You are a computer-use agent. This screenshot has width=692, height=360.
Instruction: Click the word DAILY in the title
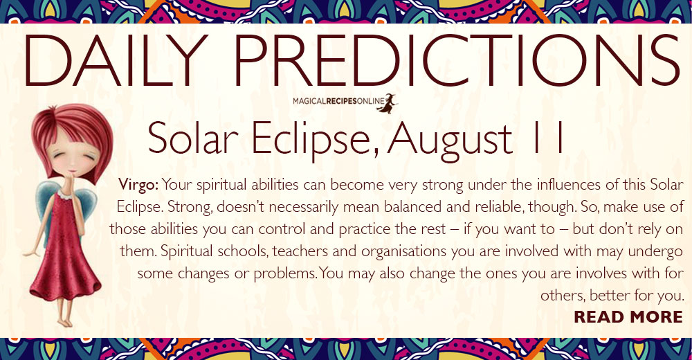[x=116, y=60]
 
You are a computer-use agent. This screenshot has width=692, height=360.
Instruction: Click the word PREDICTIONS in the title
[x=457, y=60]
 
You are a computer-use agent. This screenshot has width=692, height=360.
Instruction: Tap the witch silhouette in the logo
[x=387, y=103]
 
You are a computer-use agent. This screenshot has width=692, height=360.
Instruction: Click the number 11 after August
[x=549, y=138]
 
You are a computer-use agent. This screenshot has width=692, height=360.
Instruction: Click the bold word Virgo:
[x=138, y=185]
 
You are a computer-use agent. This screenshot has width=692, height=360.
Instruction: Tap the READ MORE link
[x=628, y=316]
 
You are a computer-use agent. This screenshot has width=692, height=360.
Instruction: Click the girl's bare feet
[x=65, y=321]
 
